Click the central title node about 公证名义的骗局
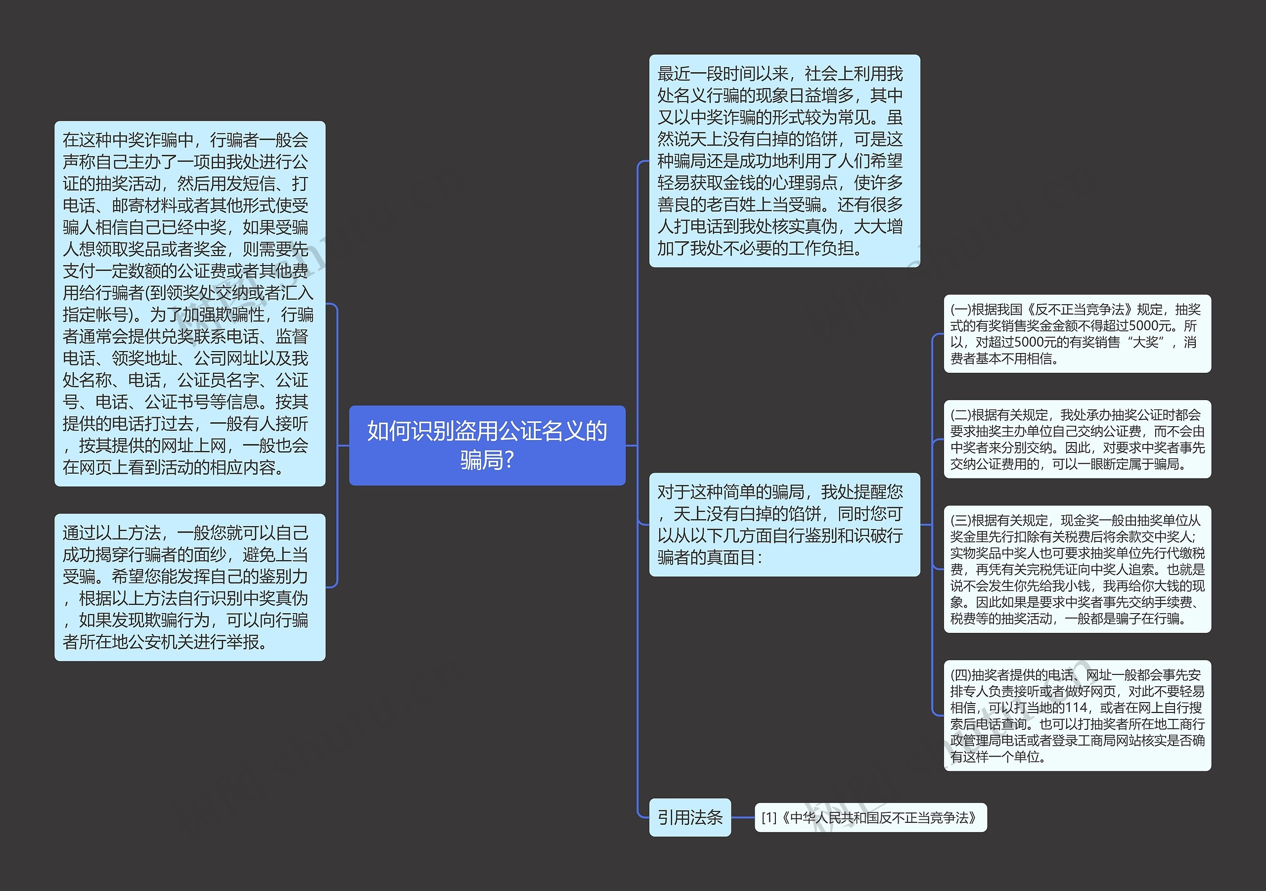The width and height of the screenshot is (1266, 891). click(x=487, y=445)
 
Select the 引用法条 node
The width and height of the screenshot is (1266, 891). click(x=689, y=817)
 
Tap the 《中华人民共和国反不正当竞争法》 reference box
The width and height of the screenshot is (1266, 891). click(x=870, y=817)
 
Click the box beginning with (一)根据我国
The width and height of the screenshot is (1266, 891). click(x=1077, y=334)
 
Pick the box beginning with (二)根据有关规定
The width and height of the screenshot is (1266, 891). click(x=1077, y=439)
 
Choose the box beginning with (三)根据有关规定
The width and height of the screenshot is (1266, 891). click(x=1077, y=569)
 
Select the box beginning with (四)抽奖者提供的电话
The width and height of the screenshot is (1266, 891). click(x=1077, y=715)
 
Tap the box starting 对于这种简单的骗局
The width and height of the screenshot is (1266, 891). click(x=784, y=524)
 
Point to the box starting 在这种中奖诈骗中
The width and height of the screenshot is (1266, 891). click(x=190, y=303)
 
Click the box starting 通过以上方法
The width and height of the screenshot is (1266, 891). click(x=190, y=587)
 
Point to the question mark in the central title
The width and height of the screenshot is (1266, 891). click(x=509, y=460)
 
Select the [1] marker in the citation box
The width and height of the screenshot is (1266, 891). click(x=769, y=818)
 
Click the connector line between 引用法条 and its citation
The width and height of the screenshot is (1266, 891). click(x=743, y=817)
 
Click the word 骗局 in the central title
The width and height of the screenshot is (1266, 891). click(x=479, y=460)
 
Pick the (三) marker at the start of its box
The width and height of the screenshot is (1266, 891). click(x=960, y=521)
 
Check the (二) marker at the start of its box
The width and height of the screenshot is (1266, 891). click(x=960, y=415)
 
